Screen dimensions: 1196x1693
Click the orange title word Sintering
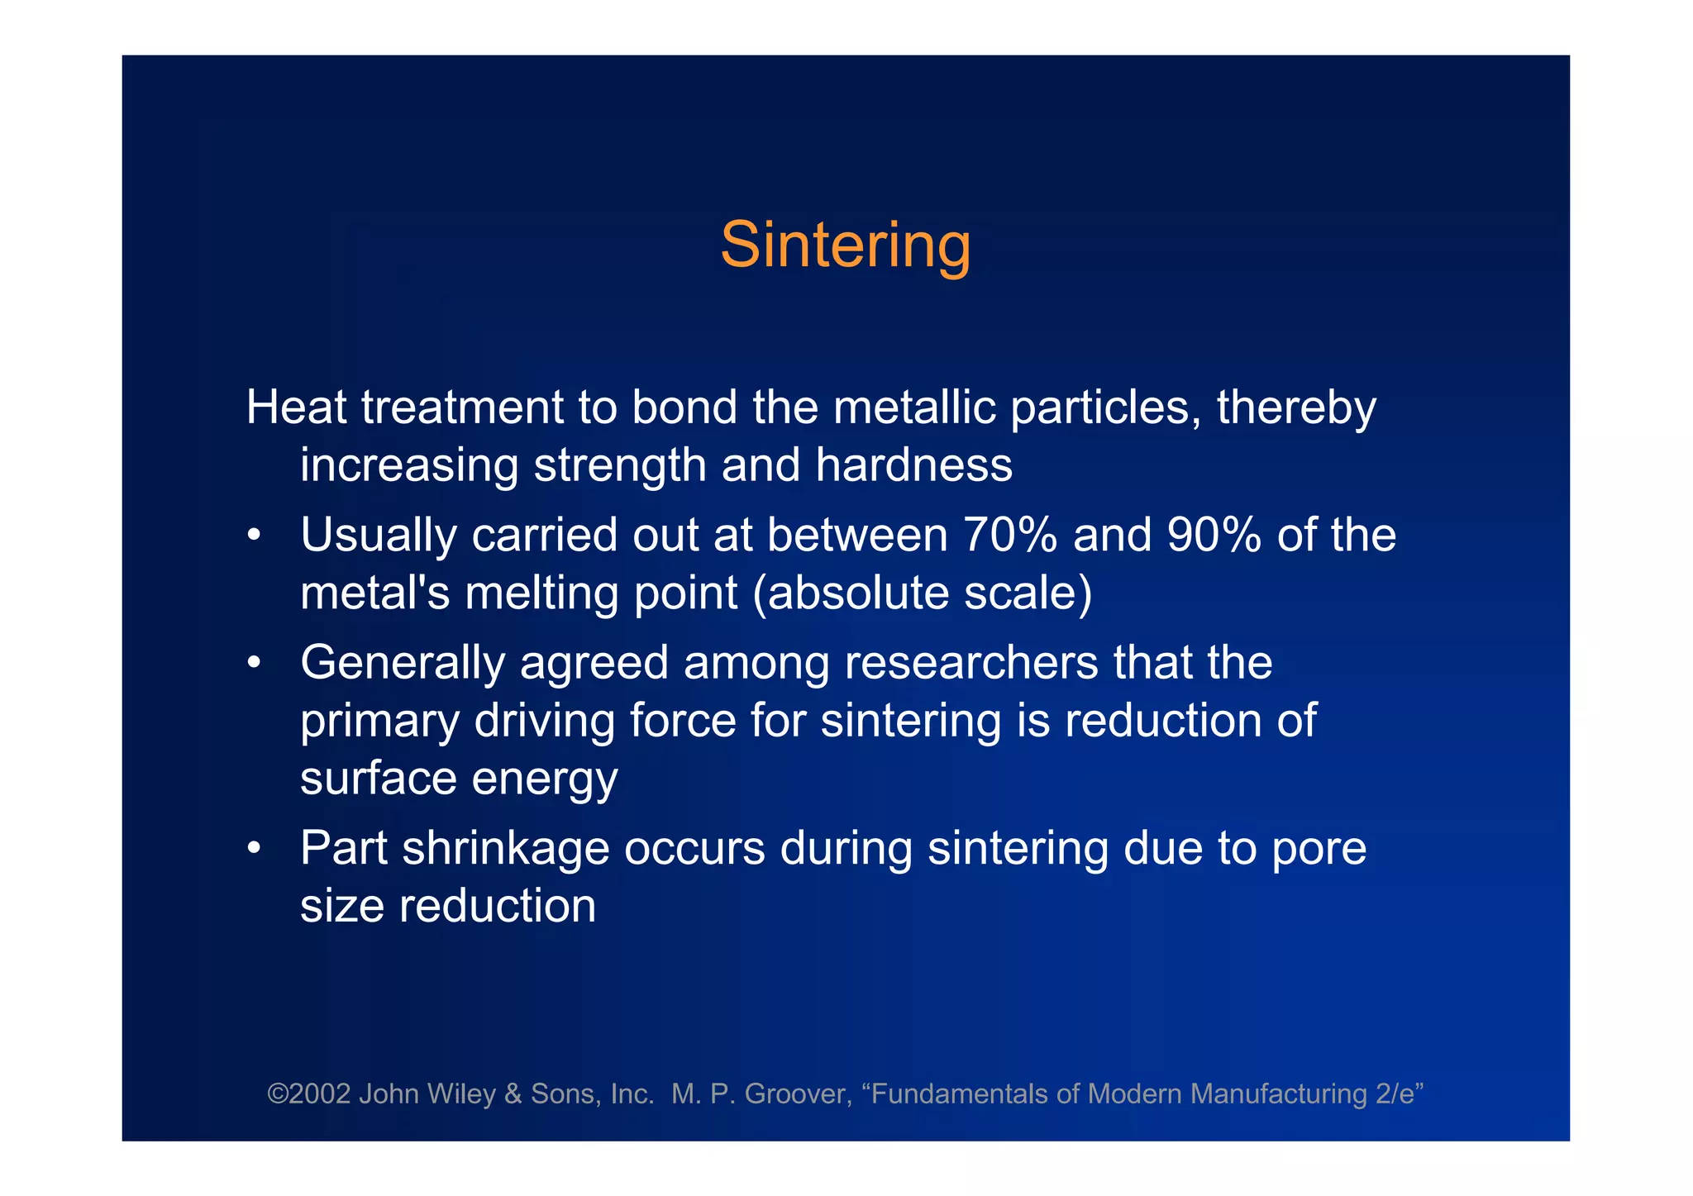click(845, 245)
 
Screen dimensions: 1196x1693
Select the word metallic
click(913, 407)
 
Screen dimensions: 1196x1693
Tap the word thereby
click(1295, 409)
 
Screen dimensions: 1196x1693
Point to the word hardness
click(913, 465)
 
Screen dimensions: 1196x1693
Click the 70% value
click(1009, 535)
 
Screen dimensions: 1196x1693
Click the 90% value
click(1214, 535)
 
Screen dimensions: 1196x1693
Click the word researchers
click(970, 663)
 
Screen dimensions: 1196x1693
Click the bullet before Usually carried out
click(255, 536)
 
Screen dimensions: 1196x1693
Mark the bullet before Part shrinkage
click(255, 849)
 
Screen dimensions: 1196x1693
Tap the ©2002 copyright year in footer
click(308, 1094)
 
